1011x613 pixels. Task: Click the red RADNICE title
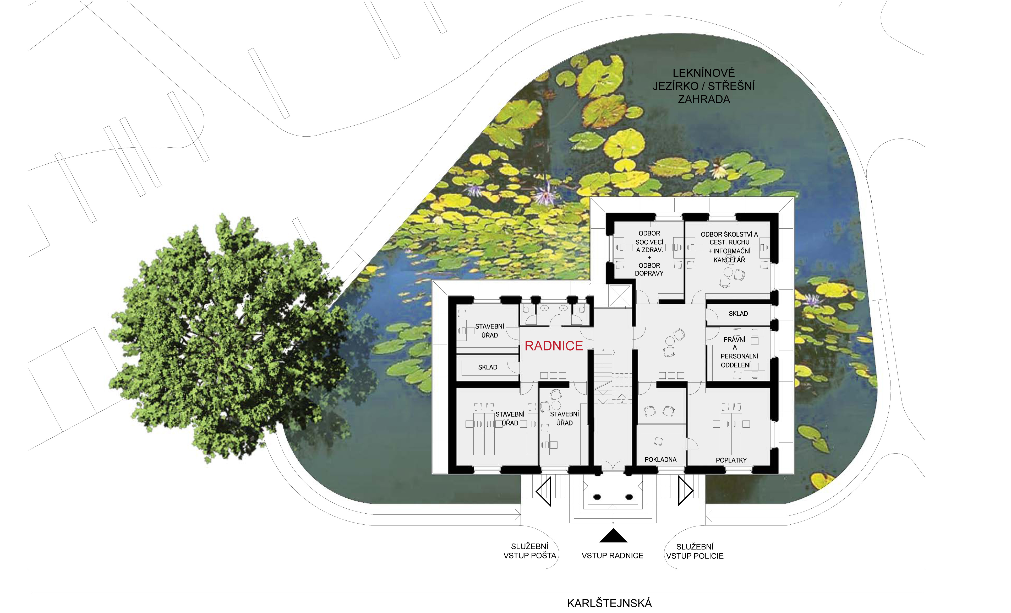click(554, 346)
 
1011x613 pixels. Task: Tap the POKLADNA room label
click(661, 459)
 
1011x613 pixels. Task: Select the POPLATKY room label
click(731, 460)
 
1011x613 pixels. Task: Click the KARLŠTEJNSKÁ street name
click(609, 603)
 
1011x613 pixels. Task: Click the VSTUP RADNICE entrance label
click(613, 556)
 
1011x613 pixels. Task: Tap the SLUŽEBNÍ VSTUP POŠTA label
click(530, 551)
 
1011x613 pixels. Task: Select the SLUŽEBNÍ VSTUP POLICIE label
click(695, 551)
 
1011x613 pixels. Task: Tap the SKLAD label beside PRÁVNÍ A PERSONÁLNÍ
click(738, 314)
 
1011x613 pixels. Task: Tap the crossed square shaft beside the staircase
click(620, 296)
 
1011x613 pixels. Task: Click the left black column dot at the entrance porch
click(597, 497)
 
